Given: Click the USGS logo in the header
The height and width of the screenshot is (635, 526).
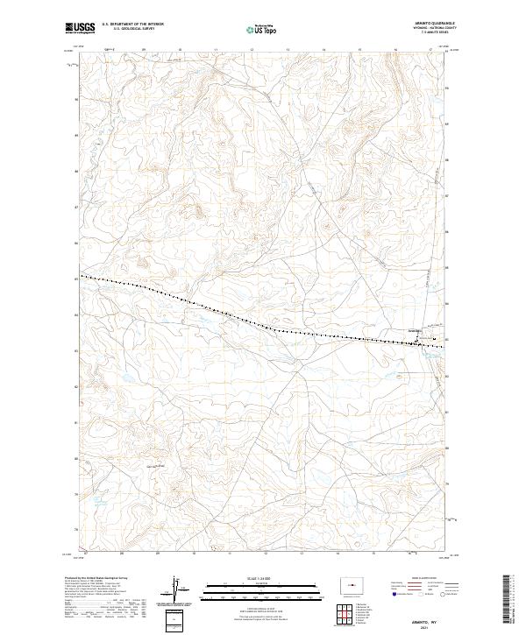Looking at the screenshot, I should (x=82, y=29).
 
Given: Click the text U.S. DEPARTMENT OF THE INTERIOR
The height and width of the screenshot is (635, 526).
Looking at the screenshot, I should (x=132, y=24).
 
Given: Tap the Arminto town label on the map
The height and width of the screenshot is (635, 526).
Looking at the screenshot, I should (x=416, y=330).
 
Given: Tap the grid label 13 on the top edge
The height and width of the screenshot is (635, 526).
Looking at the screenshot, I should (x=288, y=50).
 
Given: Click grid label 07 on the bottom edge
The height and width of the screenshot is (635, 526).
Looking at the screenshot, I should (x=85, y=554).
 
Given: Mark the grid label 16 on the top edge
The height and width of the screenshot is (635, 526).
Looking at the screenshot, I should (x=395, y=50).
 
